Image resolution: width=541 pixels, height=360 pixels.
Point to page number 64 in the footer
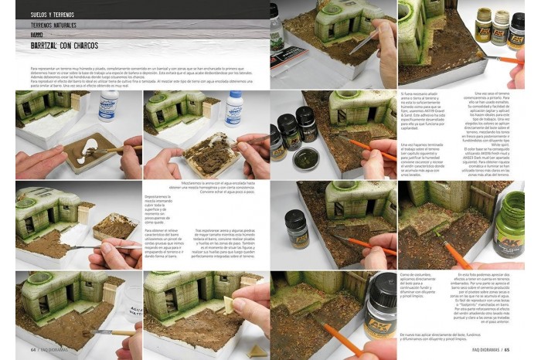(x=33, y=349)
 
